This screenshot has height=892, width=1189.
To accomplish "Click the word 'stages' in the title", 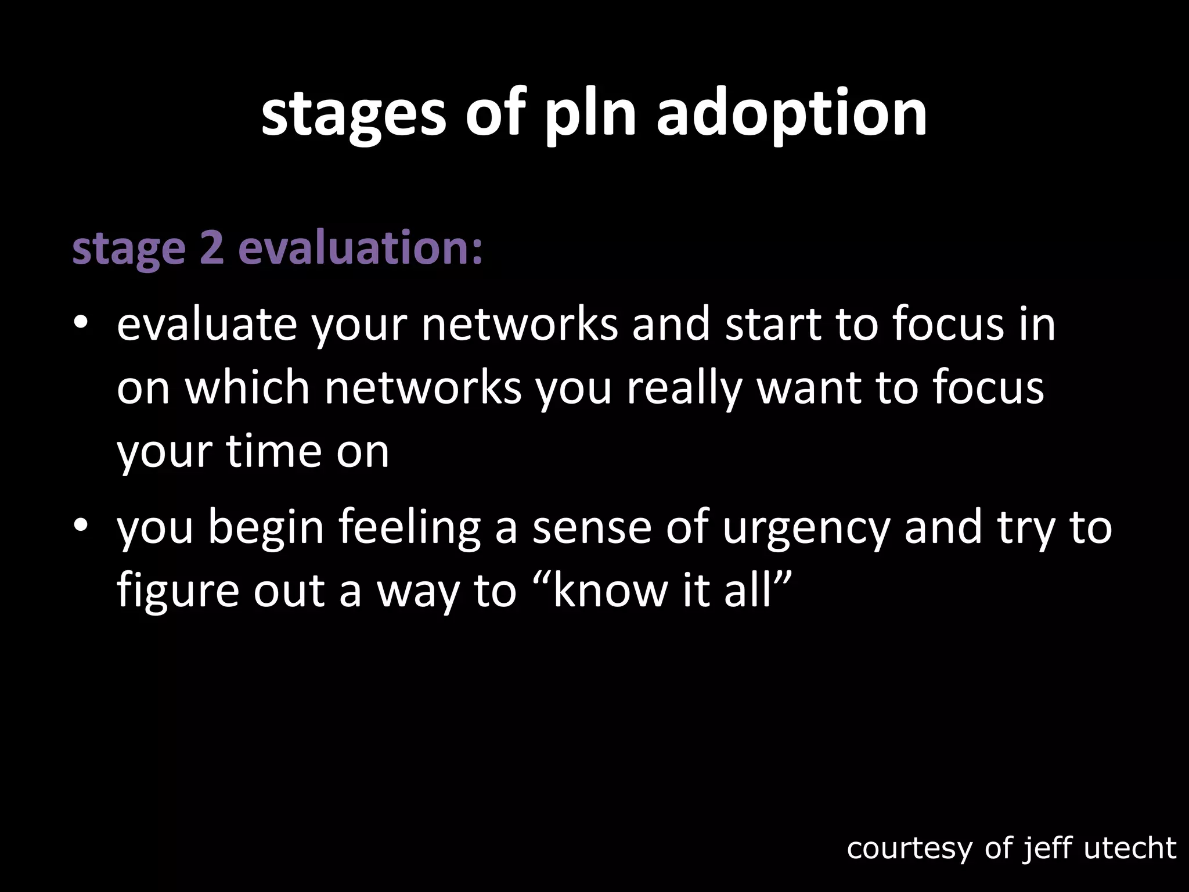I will [x=354, y=114].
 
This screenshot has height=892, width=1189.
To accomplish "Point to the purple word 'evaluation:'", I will [x=361, y=247].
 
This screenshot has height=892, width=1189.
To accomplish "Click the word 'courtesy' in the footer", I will [x=909, y=848].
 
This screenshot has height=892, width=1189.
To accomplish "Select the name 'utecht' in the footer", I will [x=1130, y=848].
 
